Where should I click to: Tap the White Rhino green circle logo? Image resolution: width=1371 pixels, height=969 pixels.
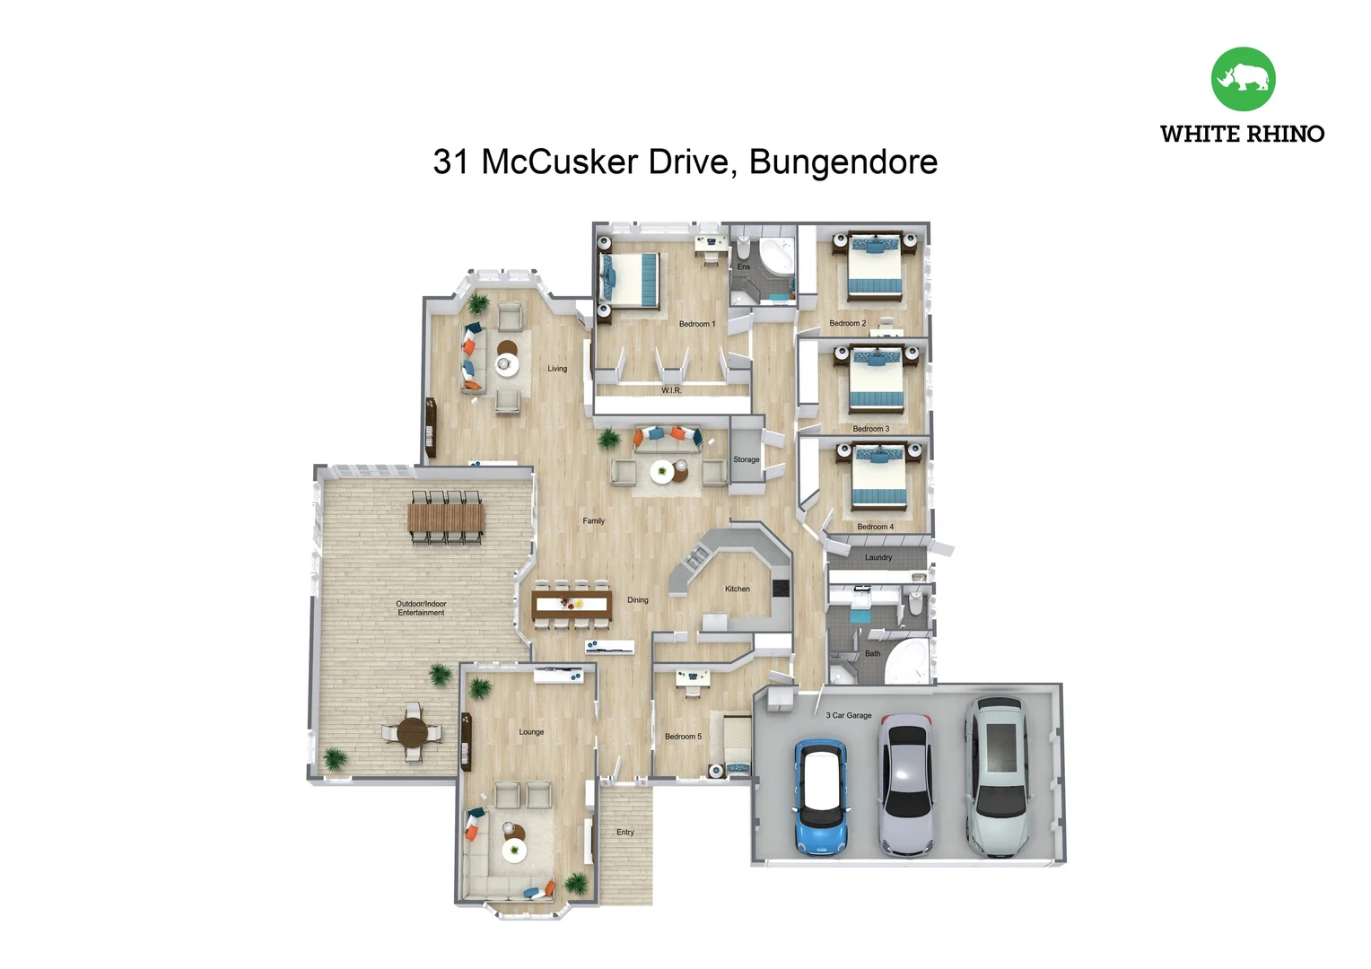[1243, 79]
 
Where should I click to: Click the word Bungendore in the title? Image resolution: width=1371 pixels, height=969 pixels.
[843, 162]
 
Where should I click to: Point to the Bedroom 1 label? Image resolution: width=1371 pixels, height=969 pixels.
[697, 324]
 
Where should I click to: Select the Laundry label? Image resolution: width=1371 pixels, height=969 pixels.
[878, 557]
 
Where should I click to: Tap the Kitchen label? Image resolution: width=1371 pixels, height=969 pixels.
[738, 589]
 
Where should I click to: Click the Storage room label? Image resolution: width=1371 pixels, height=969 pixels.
[747, 459]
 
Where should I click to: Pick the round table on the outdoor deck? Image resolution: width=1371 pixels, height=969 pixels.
[413, 732]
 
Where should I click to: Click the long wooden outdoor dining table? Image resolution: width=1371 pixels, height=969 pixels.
[445, 518]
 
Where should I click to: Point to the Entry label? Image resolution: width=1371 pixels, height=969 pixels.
[625, 832]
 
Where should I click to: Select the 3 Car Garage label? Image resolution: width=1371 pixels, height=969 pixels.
[849, 715]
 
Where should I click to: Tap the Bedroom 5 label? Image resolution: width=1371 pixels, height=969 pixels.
[684, 737]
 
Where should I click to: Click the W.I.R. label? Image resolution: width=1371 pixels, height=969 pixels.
[671, 390]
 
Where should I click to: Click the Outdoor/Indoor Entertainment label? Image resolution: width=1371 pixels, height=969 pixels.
[421, 608]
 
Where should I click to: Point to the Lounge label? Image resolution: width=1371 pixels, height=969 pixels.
[531, 732]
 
